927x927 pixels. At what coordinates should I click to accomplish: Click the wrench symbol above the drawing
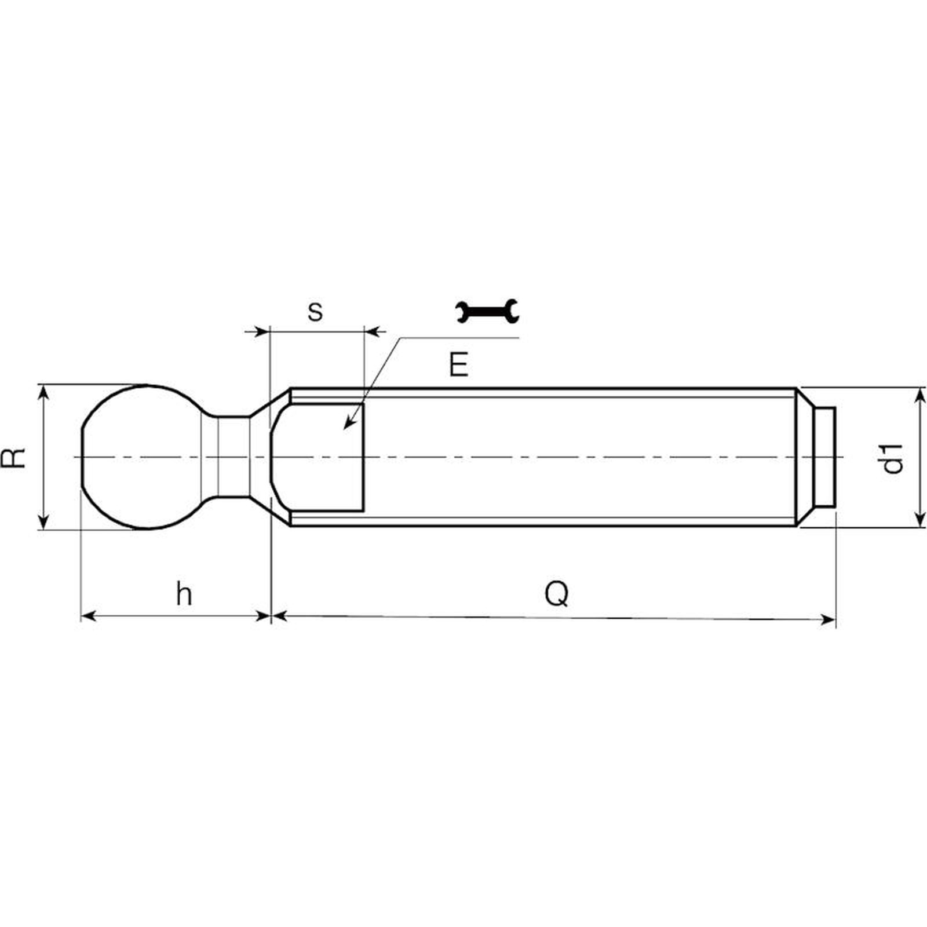pyautogui.click(x=487, y=311)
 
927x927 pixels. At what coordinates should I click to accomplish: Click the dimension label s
pyautogui.click(x=315, y=312)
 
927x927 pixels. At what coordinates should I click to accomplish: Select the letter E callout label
pyautogui.click(x=458, y=365)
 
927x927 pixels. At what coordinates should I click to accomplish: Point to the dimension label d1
pyautogui.click(x=892, y=458)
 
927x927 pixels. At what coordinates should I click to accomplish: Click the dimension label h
pyautogui.click(x=184, y=594)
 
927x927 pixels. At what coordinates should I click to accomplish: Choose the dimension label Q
pyautogui.click(x=557, y=594)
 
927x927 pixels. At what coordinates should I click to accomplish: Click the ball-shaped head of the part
pyautogui.click(x=142, y=457)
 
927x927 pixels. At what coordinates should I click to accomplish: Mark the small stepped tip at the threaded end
pyautogui.click(x=823, y=457)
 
